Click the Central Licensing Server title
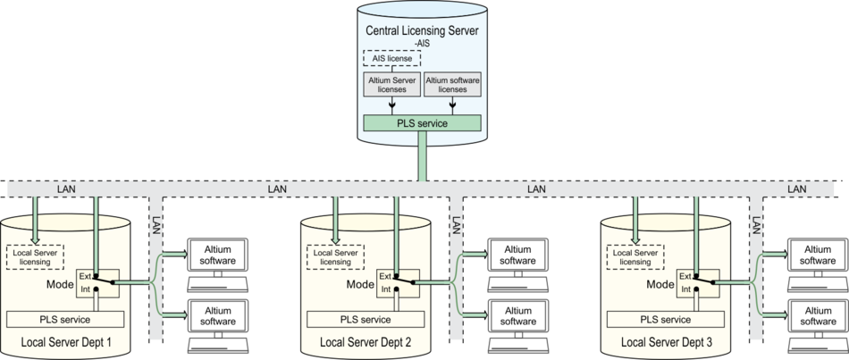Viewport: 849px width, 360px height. coord(423,31)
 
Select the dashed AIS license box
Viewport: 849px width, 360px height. coord(391,58)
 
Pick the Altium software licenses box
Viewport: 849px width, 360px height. coord(452,85)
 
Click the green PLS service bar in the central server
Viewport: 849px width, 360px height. coord(422,122)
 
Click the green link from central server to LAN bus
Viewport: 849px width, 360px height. coord(422,159)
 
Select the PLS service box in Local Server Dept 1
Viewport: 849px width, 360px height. coord(65,319)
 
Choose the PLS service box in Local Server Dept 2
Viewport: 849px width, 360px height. coord(365,319)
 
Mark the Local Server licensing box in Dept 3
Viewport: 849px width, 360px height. coord(635,256)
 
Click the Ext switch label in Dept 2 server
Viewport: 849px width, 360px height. coord(384,276)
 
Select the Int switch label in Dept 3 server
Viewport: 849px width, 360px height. coord(685,289)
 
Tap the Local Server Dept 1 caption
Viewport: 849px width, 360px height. coord(65,342)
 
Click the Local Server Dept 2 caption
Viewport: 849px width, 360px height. coord(365,342)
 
